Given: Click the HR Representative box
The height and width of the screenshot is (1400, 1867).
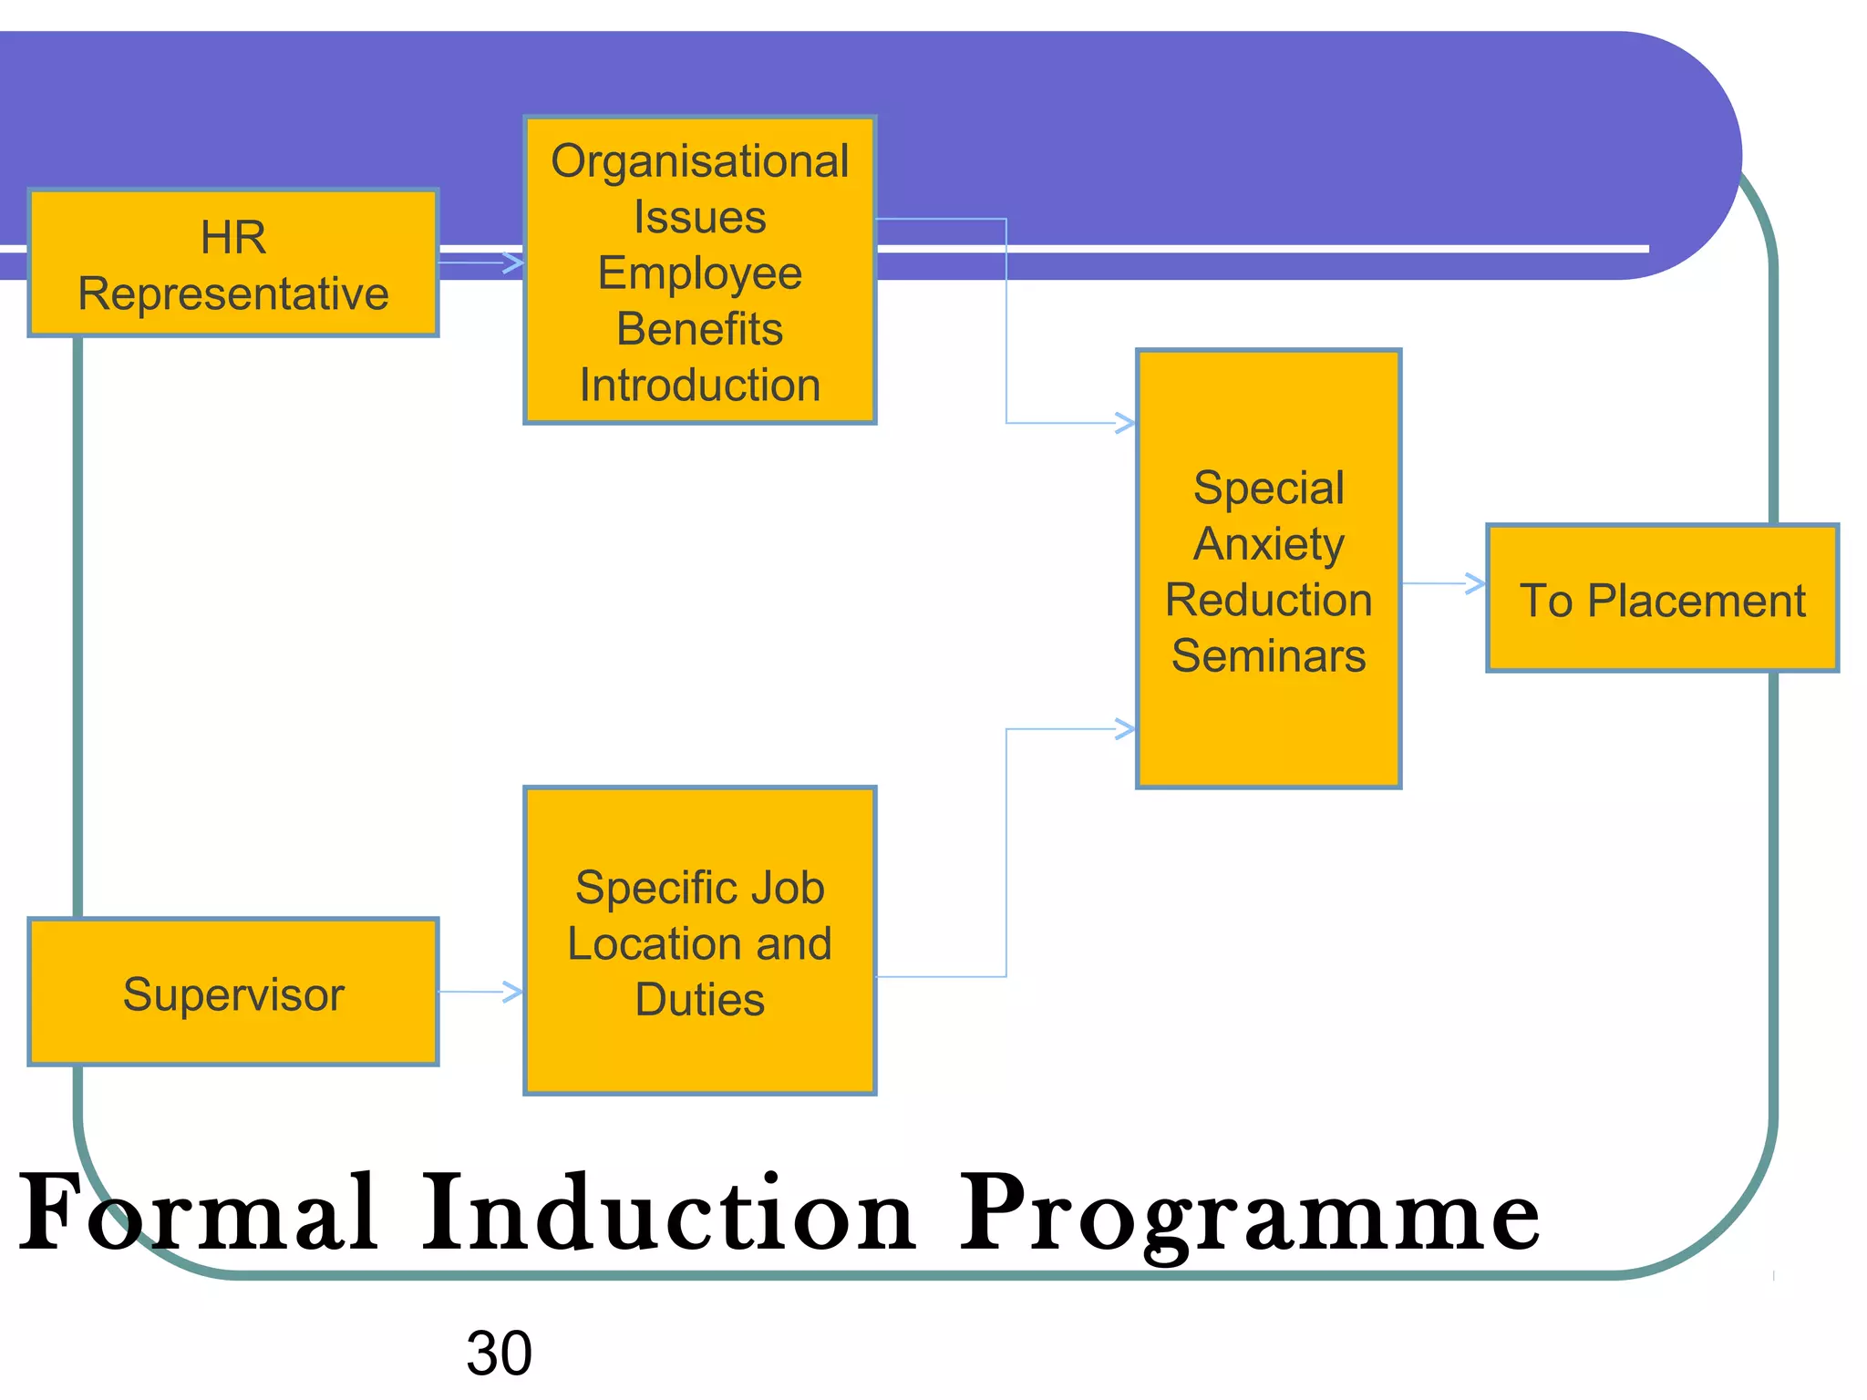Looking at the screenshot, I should [x=233, y=263].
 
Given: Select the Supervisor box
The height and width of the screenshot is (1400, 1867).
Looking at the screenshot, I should [x=233, y=993].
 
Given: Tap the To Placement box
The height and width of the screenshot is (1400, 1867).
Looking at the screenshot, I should [x=1662, y=599].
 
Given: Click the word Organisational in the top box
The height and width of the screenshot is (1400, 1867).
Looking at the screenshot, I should [x=699, y=161].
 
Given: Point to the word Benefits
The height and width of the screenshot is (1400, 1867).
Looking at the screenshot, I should [x=699, y=329].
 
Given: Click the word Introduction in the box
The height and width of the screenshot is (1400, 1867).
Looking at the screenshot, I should [x=699, y=385].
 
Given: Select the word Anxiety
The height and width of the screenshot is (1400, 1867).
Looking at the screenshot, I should [x=1268, y=544].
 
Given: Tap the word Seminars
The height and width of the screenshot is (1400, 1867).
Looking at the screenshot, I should [x=1268, y=656].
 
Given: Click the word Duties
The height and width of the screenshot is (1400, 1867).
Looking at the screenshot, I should [x=699, y=1000].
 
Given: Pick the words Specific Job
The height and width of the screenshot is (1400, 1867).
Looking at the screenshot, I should [x=699, y=888].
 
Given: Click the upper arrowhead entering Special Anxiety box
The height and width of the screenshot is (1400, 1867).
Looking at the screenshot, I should [x=1126, y=423].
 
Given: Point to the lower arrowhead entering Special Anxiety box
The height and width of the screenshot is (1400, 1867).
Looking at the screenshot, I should [x=1126, y=729].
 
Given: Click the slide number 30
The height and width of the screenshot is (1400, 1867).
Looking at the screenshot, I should [x=499, y=1354].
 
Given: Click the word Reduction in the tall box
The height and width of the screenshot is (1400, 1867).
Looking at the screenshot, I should [x=1268, y=600].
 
